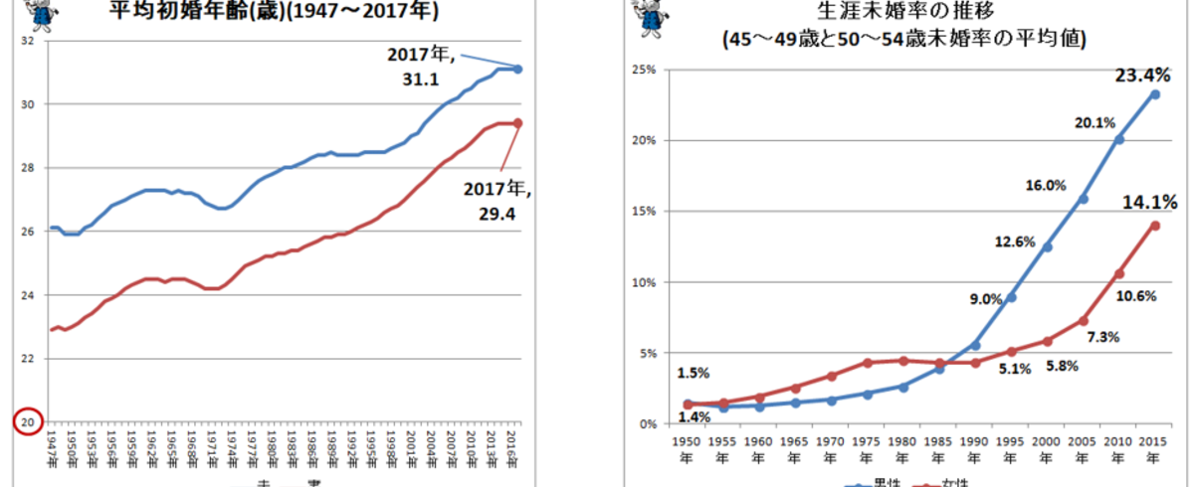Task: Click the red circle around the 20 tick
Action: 27,421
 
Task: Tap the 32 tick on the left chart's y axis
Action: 27,42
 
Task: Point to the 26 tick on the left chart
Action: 27,232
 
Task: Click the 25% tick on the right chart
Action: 643,70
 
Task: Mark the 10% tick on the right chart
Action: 643,282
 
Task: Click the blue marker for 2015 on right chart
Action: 1154,94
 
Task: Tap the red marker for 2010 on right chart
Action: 1118,273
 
